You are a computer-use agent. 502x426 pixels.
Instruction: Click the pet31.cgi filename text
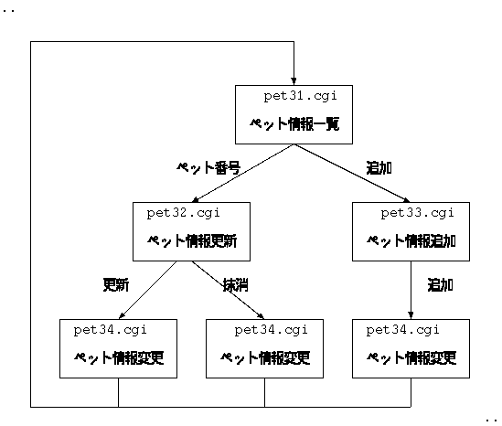pos(300,96)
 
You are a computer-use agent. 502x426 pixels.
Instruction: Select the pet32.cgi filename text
pos(184,214)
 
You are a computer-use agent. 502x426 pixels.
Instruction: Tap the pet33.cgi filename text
pos(418,214)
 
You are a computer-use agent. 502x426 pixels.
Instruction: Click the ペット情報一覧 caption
pos(294,123)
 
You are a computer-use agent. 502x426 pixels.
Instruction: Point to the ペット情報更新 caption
pos(192,241)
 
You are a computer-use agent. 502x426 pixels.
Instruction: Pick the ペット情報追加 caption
pos(411,241)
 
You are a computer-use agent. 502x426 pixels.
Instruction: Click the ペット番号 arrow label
pos(208,167)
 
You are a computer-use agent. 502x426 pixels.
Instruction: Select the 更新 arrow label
pos(116,285)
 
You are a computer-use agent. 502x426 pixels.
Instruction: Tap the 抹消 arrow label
pos(235,285)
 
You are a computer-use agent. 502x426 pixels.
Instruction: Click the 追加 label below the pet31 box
pos(379,167)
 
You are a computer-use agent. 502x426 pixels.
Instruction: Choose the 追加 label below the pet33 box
pos(440,285)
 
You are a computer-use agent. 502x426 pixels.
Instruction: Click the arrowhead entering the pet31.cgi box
pos(294,81)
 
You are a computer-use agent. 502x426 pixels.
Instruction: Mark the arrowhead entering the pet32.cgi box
pos(195,199)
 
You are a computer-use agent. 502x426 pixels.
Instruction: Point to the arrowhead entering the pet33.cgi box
pos(407,200)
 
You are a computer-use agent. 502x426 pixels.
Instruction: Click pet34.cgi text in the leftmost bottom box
pos(110,330)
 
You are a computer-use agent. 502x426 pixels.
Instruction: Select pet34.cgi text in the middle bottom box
pos(271,330)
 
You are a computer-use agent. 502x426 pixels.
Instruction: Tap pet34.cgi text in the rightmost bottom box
pos(402,330)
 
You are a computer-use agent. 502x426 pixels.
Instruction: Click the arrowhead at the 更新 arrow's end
pos(122,316)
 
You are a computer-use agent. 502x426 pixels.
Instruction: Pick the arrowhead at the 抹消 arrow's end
pos(261,316)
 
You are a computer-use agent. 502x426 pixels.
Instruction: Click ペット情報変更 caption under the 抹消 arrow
pos(265,357)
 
